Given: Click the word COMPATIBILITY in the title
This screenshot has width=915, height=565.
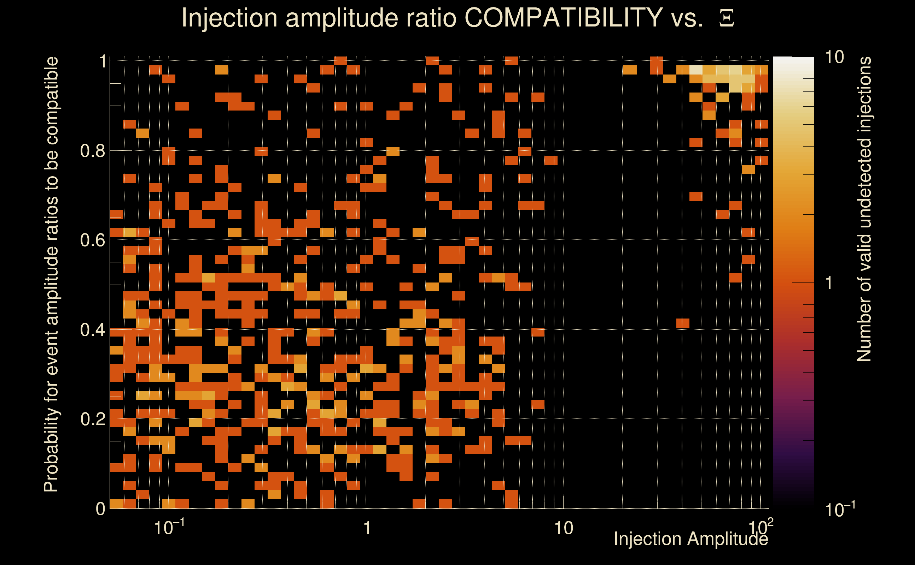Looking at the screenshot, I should [563, 18].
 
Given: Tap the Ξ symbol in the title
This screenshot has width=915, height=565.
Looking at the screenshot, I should [727, 19].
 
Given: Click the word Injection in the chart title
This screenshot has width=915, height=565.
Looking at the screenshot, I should [229, 18].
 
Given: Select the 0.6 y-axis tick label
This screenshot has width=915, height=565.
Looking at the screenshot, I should [92, 240].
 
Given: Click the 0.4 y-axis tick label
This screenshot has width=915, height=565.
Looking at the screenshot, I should [92, 329].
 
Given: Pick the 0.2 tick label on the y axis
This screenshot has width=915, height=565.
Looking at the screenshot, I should [92, 419].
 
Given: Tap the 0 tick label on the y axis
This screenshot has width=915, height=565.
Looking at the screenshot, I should [100, 509].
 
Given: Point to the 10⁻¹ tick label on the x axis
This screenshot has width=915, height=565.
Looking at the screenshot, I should [169, 527].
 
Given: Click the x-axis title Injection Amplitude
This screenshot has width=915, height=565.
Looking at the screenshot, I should [691, 539].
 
